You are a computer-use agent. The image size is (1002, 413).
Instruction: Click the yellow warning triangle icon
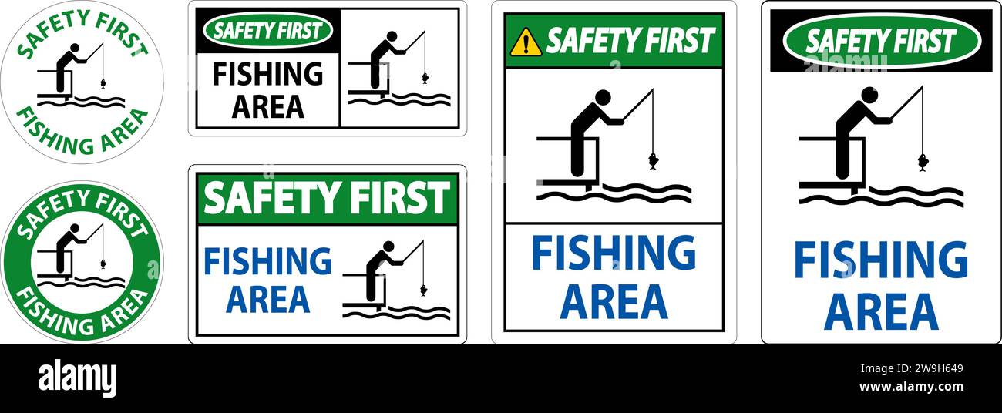[x=526, y=42]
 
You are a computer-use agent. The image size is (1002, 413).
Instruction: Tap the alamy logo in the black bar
[x=77, y=378]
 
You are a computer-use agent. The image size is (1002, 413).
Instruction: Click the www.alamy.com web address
[x=911, y=387]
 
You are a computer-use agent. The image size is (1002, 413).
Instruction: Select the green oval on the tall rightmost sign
[x=881, y=40]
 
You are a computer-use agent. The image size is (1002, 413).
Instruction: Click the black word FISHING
[x=267, y=75]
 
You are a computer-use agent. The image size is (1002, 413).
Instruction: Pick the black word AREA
[x=267, y=106]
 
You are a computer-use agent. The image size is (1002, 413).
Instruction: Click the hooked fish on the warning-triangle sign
[x=653, y=161]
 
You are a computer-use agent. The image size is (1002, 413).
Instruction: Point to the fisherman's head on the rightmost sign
[x=869, y=95]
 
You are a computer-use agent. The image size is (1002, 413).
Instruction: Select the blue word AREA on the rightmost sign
[x=880, y=311]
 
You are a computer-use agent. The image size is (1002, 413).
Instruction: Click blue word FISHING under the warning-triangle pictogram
[x=614, y=253]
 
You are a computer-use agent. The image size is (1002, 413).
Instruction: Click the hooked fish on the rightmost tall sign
[x=922, y=162]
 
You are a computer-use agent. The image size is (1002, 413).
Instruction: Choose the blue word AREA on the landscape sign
[x=267, y=299]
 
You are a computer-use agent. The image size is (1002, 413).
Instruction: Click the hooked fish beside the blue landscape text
[x=423, y=290]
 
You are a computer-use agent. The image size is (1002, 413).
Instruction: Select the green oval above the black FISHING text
[x=267, y=32]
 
